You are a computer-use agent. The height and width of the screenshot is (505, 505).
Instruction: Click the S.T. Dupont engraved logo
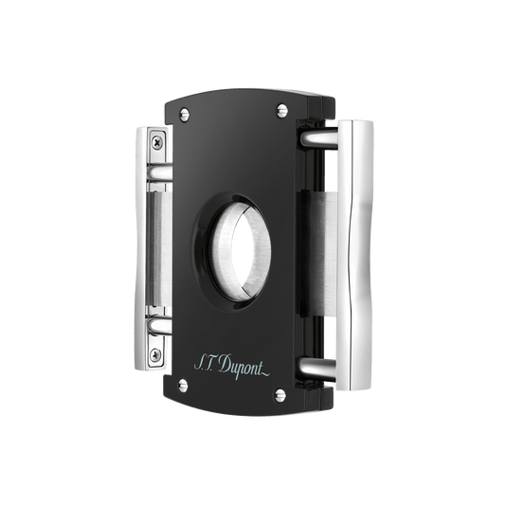point(231,367)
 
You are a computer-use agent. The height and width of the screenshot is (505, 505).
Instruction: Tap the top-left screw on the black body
point(185,115)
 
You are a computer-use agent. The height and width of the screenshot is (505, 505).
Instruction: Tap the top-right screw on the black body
point(282,111)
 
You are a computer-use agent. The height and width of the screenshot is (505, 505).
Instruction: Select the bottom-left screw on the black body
point(183,386)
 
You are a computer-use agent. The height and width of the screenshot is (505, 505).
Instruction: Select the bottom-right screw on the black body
point(280,395)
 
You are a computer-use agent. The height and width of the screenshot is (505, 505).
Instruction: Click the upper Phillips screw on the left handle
point(157,142)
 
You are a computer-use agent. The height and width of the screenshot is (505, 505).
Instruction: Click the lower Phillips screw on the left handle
point(155,355)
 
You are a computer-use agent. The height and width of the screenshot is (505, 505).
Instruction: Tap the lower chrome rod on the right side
point(316,369)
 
